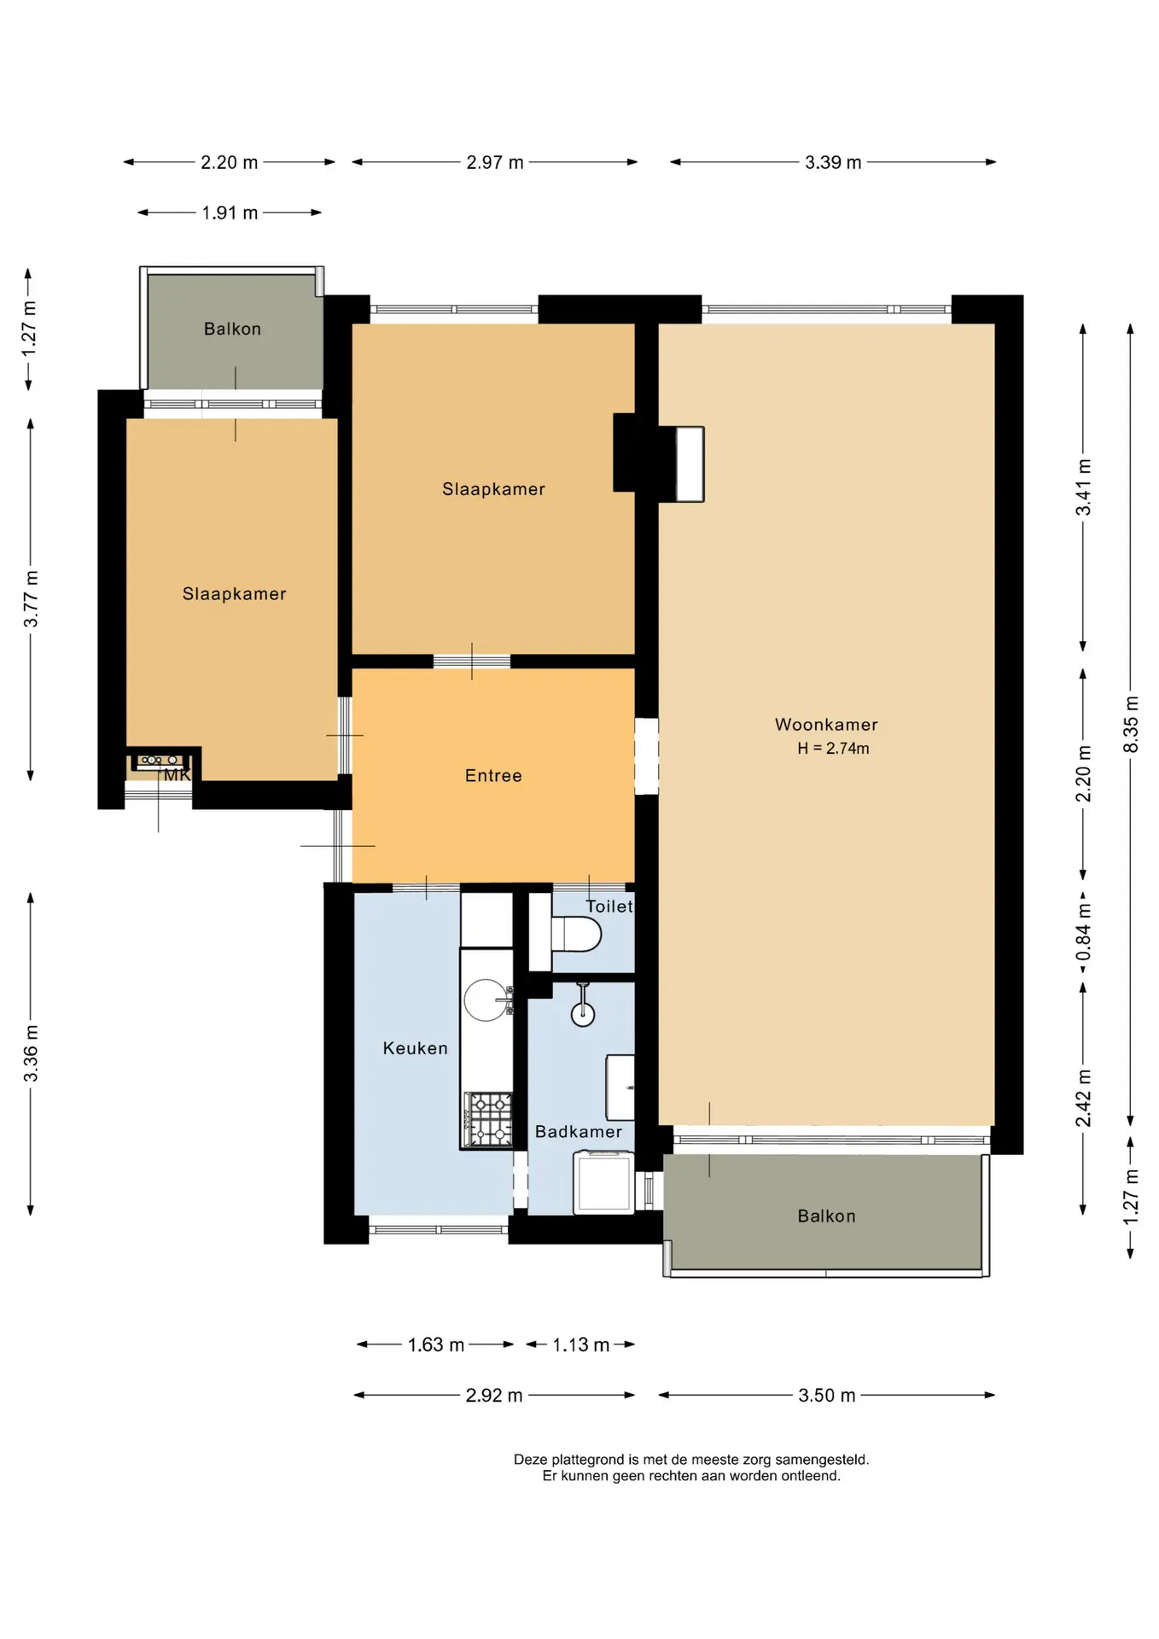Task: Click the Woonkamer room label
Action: coord(826,725)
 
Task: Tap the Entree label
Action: coord(493,776)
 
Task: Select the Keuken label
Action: coord(415,1048)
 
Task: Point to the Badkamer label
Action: coord(579,1132)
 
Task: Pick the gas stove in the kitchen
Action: coord(488,1119)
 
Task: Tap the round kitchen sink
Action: coord(486,1000)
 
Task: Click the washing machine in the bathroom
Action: coord(604,1182)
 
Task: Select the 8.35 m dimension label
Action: coord(1131,725)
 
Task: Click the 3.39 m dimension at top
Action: coord(833,162)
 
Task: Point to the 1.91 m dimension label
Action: coord(230,213)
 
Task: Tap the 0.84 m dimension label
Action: coord(1084,931)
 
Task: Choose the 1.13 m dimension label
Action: coord(580,1345)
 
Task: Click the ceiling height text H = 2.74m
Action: coord(833,749)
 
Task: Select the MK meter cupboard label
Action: coord(177,775)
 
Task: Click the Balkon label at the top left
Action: coord(232,330)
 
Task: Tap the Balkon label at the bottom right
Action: coord(826,1216)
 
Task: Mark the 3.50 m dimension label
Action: coord(826,1396)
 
